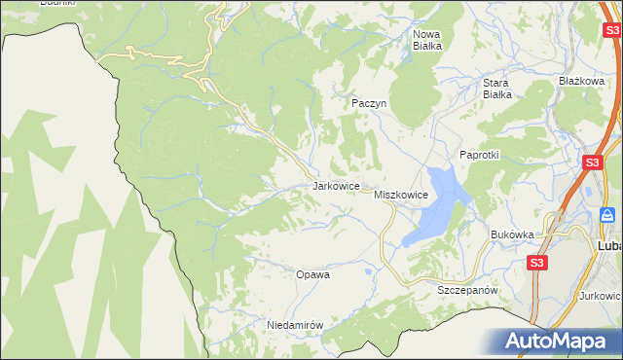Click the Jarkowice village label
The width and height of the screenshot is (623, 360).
(x=337, y=185)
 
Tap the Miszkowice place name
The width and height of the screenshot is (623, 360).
(x=401, y=195)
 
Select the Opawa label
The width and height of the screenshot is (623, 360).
(x=312, y=274)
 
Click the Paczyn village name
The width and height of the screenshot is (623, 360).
(x=370, y=102)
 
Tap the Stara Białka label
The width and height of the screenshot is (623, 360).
(x=497, y=89)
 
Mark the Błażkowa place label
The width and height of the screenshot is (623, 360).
(x=582, y=81)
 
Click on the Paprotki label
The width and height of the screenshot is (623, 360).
(x=479, y=155)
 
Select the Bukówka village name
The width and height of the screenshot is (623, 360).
(x=513, y=234)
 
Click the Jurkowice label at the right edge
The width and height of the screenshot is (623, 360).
(x=603, y=294)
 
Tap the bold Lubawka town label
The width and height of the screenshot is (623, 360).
(x=608, y=246)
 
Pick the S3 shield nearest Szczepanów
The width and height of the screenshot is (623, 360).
(x=537, y=263)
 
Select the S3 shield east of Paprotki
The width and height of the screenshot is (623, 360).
(x=591, y=162)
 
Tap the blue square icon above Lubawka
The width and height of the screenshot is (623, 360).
(x=607, y=214)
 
